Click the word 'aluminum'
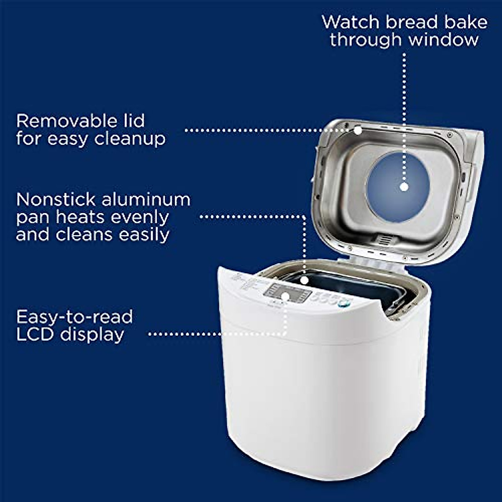pyautogui.click(x=146, y=200)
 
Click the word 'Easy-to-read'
pyautogui.click(x=74, y=317)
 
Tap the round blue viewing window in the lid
pyautogui.click(x=397, y=184)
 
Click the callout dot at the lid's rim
pyautogui.click(x=358, y=131)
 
